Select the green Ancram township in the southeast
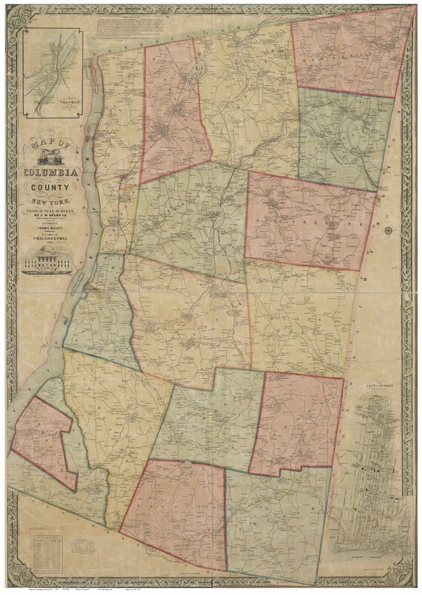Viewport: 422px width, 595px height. point(274,518)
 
